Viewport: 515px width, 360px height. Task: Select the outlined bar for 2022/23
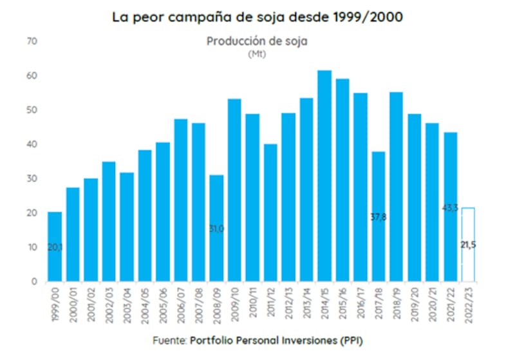click(468, 245)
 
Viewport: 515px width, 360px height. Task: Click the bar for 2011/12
click(270, 213)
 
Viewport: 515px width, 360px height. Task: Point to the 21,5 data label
click(469, 245)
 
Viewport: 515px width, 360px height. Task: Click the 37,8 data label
click(379, 217)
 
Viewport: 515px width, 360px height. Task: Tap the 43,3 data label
click(450, 208)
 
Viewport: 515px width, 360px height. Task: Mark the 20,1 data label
click(55, 247)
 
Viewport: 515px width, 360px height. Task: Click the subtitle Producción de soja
click(257, 41)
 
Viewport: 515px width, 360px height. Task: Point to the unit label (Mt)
click(257, 54)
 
